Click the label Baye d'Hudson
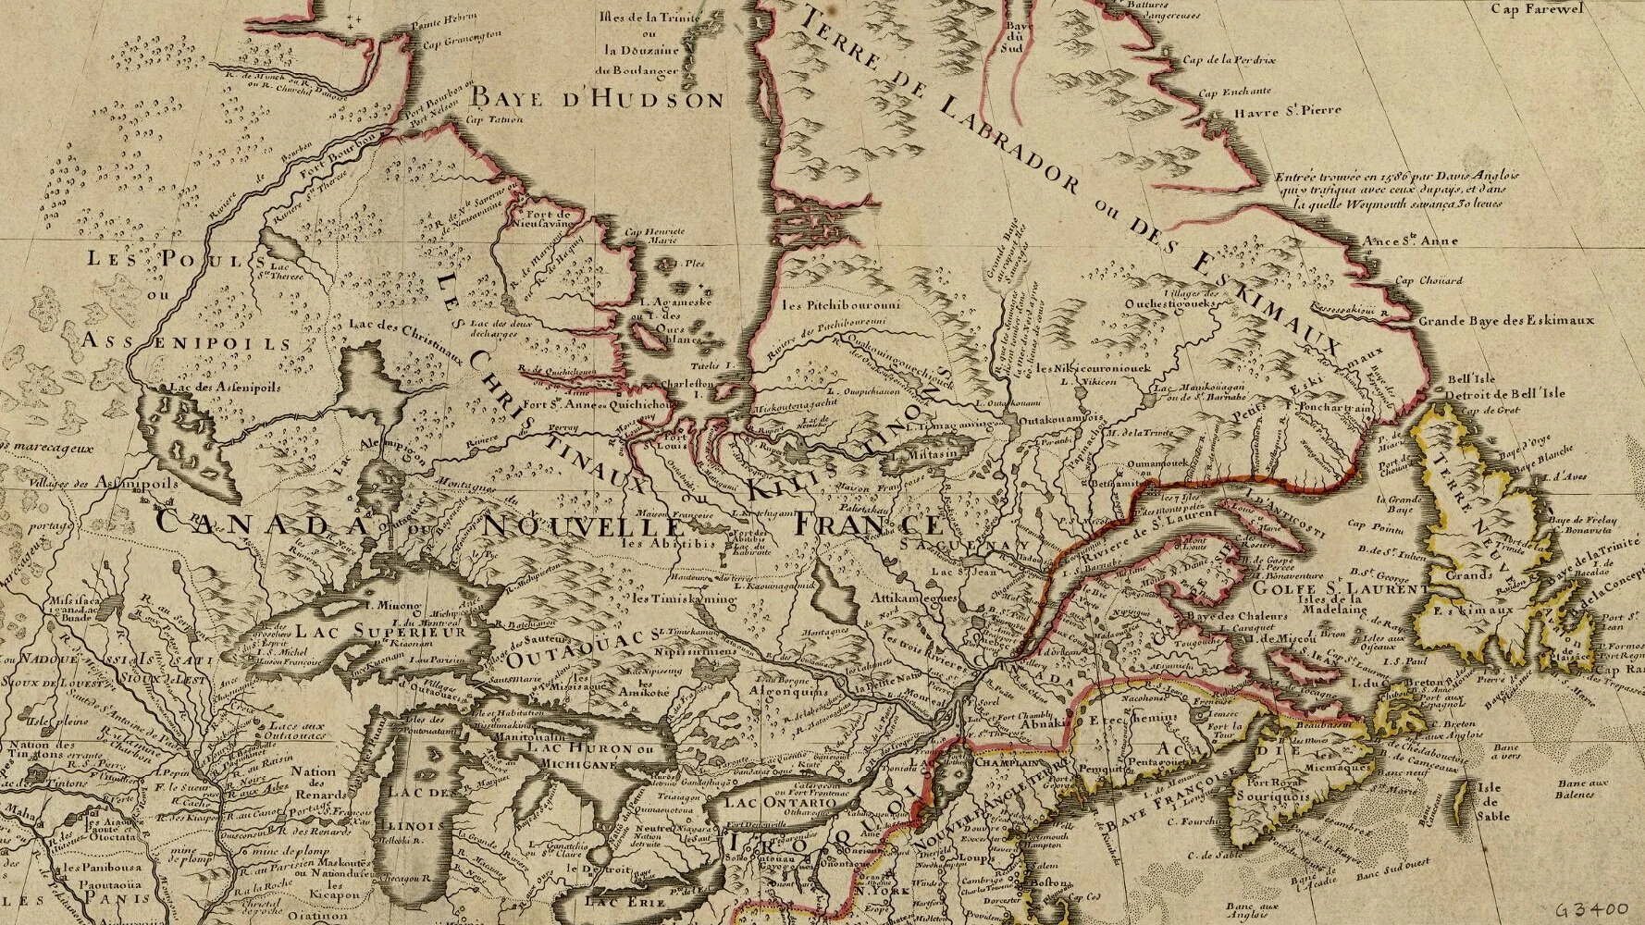tap(597, 98)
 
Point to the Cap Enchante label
tap(1234, 93)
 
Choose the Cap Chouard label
tap(1429, 281)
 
